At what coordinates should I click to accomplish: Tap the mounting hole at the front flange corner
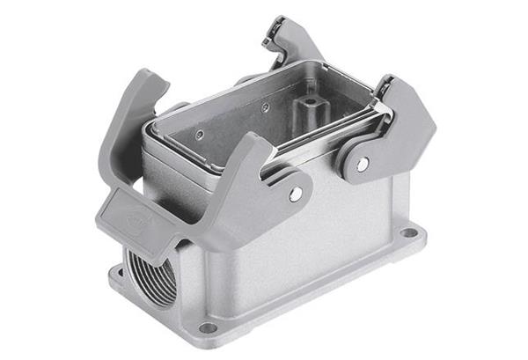click(x=208, y=327)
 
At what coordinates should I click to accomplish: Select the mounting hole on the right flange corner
click(x=408, y=234)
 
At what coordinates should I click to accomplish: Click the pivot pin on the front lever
click(x=296, y=193)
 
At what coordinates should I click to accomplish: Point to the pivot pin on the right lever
click(x=363, y=164)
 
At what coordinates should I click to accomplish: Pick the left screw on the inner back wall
click(x=200, y=134)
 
